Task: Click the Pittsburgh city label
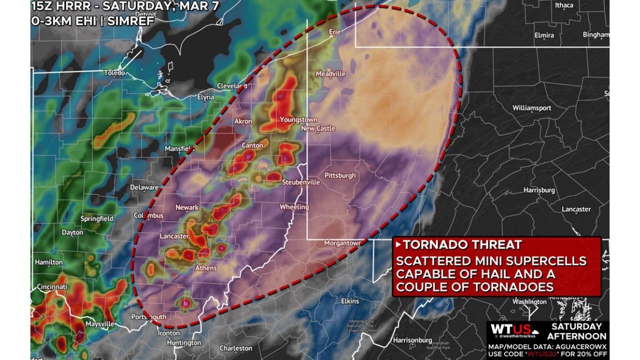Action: coord(340,175)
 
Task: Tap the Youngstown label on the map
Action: coord(298,120)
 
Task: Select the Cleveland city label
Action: coord(232,86)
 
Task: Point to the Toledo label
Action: coord(114,73)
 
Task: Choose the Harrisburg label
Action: coord(539,190)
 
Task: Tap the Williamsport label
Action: coord(531,108)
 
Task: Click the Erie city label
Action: coord(334,31)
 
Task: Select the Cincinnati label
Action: coord(52,287)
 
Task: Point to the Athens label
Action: coord(205,268)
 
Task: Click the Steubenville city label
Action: coord(301,182)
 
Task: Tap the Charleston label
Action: coord(235,348)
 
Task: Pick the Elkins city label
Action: coord(350,301)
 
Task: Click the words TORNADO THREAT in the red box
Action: coord(462,245)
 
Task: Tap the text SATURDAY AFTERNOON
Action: coord(576,331)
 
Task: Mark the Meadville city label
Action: coord(330,74)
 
